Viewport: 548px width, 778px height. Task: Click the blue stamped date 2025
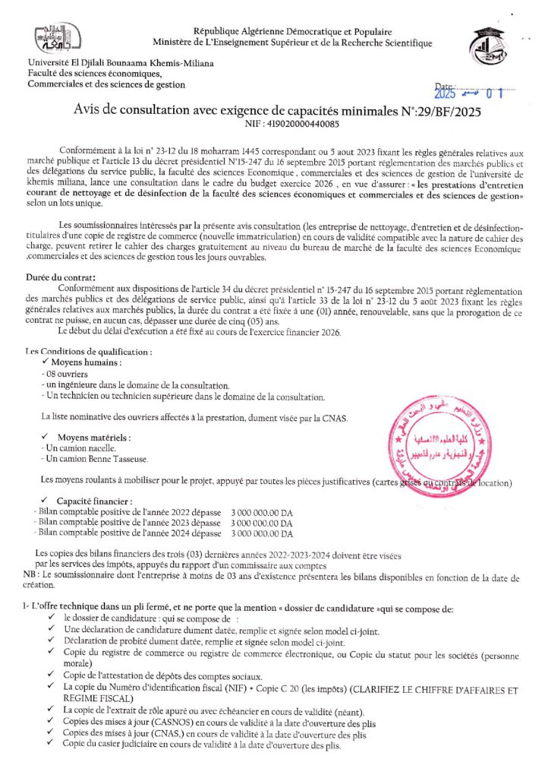(449, 95)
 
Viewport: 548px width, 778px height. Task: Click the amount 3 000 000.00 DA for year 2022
(261, 513)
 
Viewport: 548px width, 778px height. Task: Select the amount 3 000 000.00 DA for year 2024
(261, 534)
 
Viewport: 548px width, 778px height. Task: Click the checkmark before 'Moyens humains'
(46, 363)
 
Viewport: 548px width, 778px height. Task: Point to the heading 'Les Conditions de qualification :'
(88, 352)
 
